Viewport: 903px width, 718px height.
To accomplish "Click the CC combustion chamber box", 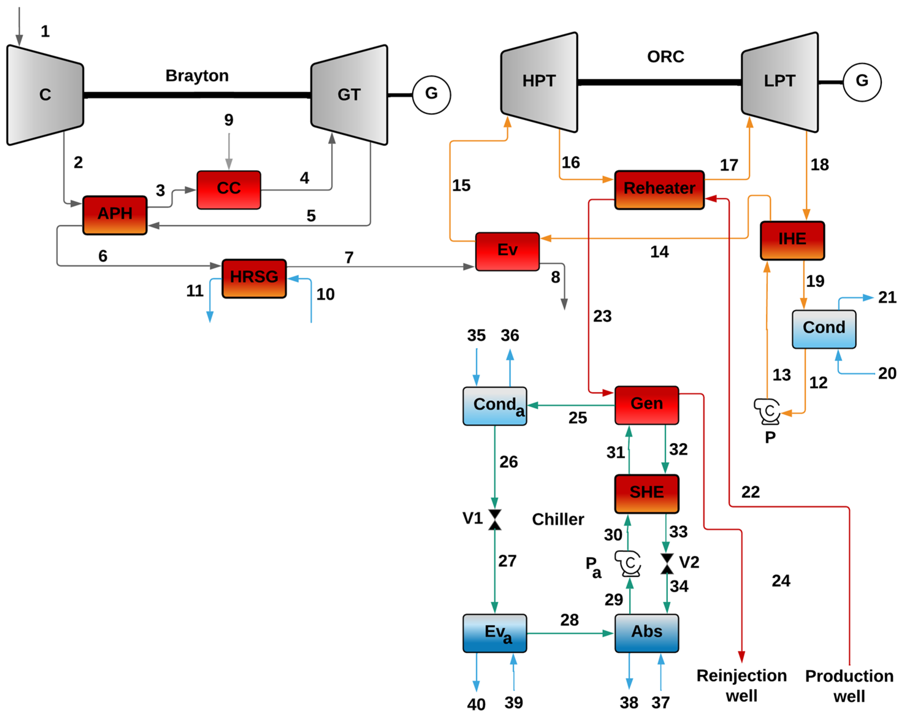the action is coord(229,190).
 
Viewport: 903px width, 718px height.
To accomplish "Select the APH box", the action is coord(115,215).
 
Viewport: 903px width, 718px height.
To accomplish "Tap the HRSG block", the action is coord(254,279).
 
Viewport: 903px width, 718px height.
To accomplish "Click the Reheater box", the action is coord(659,190).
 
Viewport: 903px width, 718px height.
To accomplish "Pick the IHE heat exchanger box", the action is coord(792,240).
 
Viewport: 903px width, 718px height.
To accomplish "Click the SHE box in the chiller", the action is coord(647,494).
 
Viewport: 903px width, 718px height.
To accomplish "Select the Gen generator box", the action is coord(647,405).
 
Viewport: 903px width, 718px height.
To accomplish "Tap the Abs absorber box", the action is coord(647,633).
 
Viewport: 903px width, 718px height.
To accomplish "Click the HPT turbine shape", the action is coord(539,82).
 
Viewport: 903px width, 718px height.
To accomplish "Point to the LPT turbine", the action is coord(780,82).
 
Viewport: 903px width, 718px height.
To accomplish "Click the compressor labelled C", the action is coord(45,95).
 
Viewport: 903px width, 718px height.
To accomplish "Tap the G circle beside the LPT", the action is coord(862,82).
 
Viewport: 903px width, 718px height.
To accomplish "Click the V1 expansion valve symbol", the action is coord(495,520).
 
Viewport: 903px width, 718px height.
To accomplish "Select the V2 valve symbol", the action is coord(667,563).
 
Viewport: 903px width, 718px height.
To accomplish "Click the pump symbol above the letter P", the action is coord(767,411).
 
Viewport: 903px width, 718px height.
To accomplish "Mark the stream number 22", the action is coord(751,492).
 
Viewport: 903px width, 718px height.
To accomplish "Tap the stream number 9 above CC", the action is coord(229,120).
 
